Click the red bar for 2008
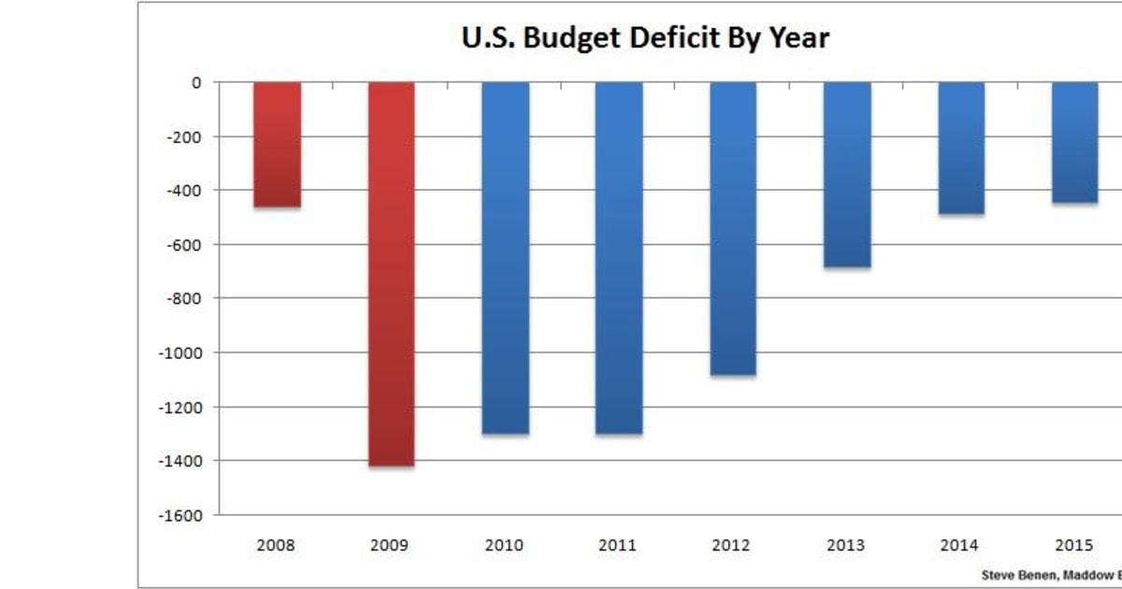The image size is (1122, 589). [277, 145]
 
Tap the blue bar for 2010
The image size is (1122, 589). [505, 258]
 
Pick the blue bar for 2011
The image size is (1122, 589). [619, 258]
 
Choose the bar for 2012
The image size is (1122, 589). [733, 229]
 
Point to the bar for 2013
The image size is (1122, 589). [847, 175]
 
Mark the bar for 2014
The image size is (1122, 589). [961, 148]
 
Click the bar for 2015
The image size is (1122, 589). [1075, 142]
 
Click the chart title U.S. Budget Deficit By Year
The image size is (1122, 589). [645, 38]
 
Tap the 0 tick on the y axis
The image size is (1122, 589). [196, 82]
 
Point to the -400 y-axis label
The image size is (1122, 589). [184, 191]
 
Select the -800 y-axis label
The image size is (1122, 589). [184, 298]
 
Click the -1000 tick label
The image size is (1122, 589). [181, 352]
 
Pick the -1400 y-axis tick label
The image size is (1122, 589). [181, 461]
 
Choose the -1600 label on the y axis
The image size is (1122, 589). [181, 515]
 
